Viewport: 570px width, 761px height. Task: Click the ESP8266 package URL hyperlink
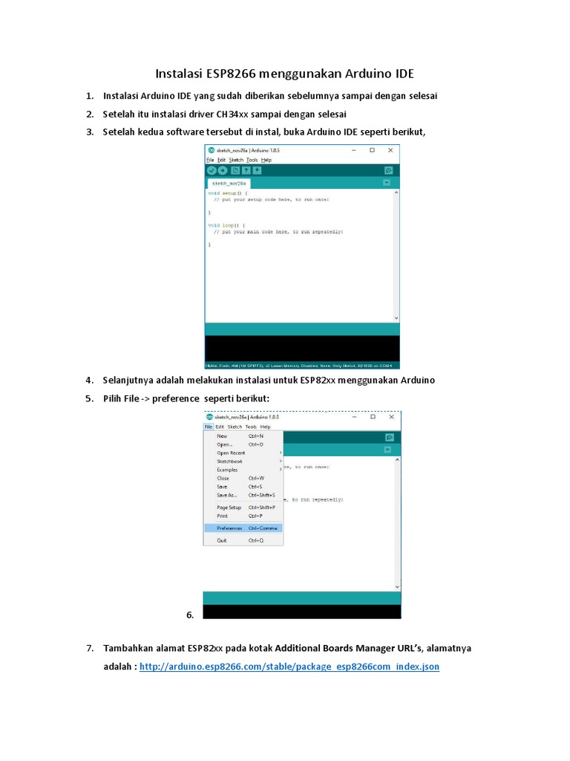(x=289, y=667)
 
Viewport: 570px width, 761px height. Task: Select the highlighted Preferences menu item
(x=229, y=528)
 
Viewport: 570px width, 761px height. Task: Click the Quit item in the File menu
(x=222, y=540)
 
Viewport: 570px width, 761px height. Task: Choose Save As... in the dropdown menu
(x=226, y=495)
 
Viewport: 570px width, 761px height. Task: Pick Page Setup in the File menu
(x=229, y=508)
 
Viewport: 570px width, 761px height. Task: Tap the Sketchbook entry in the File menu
(x=229, y=462)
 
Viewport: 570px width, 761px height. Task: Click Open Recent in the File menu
(x=231, y=453)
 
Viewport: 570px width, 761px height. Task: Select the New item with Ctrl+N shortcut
(x=222, y=436)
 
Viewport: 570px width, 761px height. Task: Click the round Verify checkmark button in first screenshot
(x=212, y=170)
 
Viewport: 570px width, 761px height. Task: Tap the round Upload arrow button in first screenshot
(x=223, y=170)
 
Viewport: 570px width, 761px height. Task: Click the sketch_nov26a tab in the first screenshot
(x=229, y=183)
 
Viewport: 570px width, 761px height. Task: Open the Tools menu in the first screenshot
(x=252, y=160)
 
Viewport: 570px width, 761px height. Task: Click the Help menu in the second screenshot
(x=266, y=427)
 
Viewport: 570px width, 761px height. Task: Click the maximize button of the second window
(x=373, y=417)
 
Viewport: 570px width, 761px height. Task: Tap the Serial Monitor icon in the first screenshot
(x=388, y=170)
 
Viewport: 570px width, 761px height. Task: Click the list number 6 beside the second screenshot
(x=190, y=615)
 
